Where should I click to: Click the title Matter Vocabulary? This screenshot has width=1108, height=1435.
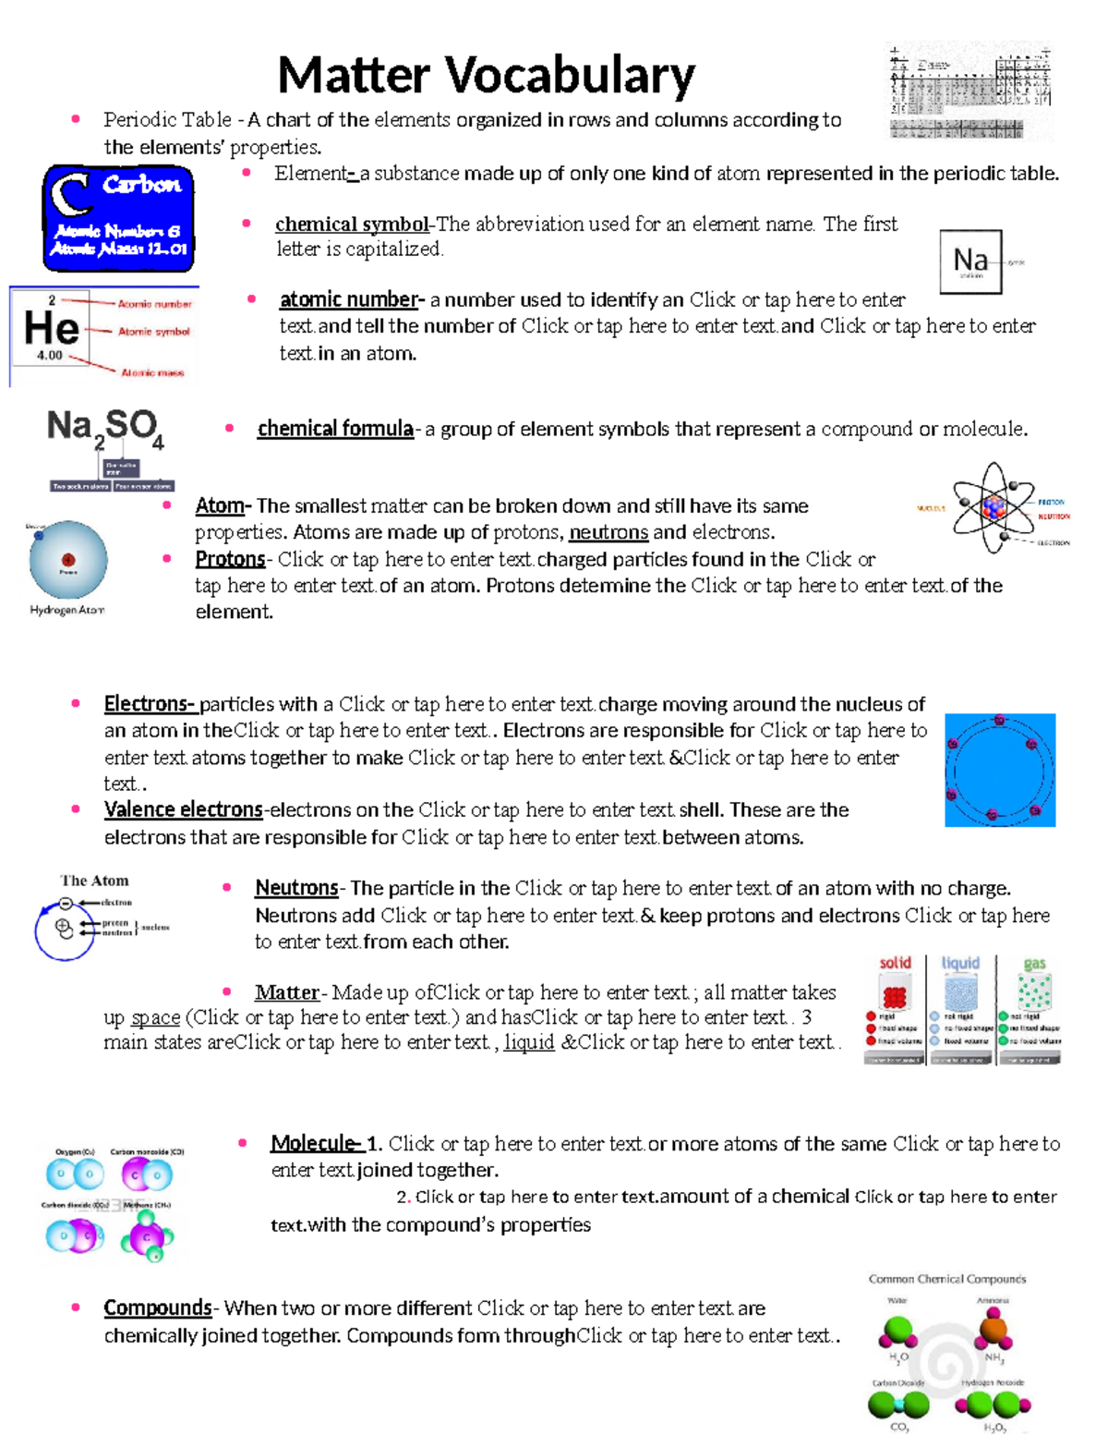[x=486, y=76]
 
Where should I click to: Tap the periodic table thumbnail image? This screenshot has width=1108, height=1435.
[x=969, y=91]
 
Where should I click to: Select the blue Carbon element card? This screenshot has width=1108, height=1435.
[x=118, y=218]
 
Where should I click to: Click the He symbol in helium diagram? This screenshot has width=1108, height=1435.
[x=52, y=329]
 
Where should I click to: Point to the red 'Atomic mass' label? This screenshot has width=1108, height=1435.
[x=152, y=372]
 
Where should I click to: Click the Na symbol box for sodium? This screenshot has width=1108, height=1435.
[x=970, y=261]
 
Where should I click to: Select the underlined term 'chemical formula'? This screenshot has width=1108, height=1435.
[x=335, y=429]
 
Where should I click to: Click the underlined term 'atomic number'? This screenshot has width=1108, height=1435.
[x=349, y=299]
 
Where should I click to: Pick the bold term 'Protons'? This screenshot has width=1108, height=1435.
[x=230, y=559]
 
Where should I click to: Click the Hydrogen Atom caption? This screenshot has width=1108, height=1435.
[x=66, y=610]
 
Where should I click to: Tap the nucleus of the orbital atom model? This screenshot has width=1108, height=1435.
[x=994, y=506]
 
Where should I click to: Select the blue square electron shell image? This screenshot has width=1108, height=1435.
[x=1000, y=770]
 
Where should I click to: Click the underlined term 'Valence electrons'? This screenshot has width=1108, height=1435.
[x=183, y=809]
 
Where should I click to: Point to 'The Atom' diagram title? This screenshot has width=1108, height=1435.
[x=94, y=881]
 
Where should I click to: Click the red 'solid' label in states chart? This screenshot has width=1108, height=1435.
[x=895, y=963]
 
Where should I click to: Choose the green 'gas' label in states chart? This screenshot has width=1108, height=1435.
[x=1034, y=964]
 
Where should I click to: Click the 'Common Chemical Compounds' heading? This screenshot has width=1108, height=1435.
[x=946, y=1279]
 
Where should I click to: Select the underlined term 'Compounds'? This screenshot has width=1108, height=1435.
[x=158, y=1307]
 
